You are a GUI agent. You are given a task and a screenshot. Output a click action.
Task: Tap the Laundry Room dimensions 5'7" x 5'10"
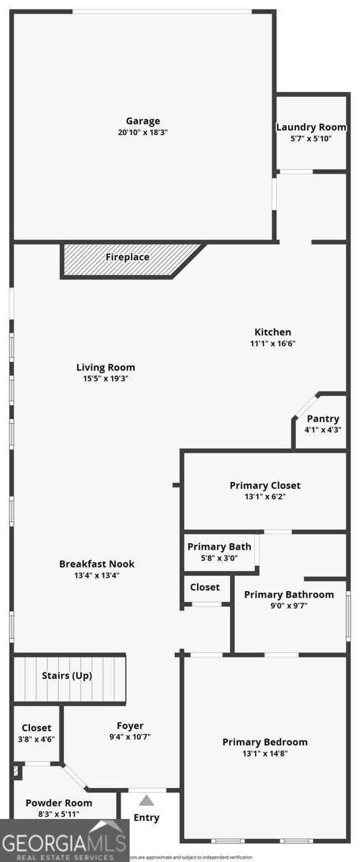coord(311,139)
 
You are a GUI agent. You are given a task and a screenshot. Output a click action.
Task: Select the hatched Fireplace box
coord(128,259)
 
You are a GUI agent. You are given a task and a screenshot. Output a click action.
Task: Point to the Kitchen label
coord(273,332)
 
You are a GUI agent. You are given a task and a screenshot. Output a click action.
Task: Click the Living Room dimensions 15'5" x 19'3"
coord(106,378)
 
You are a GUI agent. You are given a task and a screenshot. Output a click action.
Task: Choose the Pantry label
coord(323,419)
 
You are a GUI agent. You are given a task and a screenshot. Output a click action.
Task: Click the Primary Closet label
coord(264,486)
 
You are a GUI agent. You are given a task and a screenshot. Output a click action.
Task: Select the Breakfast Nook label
coord(96,564)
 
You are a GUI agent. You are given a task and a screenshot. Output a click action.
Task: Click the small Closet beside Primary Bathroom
coord(205,588)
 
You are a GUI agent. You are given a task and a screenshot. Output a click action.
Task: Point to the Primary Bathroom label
coord(289,594)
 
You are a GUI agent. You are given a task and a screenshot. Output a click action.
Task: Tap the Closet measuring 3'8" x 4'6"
coord(37,733)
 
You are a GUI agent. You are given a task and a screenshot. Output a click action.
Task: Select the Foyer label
coord(130,726)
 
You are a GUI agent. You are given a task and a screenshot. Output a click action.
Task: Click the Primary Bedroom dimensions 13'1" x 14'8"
coord(264,754)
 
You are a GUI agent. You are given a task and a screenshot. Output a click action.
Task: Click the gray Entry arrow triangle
coord(147,800)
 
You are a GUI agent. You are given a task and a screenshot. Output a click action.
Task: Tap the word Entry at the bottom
coord(147,817)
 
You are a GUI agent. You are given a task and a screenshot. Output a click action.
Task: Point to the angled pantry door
coord(304,405)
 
